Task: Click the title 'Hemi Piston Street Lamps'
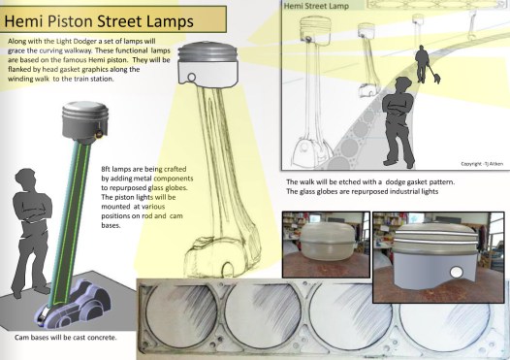click(99, 20)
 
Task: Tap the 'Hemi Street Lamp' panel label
click(316, 6)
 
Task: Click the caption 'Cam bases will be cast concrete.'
click(65, 338)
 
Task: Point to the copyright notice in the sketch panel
click(482, 164)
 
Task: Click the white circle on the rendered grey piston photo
click(456, 272)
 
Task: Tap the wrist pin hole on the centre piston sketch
click(192, 78)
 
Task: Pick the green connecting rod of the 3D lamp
click(68, 224)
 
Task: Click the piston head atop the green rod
click(85, 122)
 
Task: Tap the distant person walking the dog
click(421, 63)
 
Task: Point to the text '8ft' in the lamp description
click(106, 169)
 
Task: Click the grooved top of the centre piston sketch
click(207, 52)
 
